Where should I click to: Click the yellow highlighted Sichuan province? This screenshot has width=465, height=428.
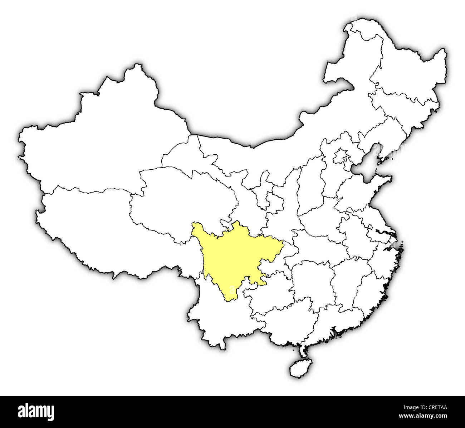click(229, 257)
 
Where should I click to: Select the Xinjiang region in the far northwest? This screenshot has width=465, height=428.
click(104, 143)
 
